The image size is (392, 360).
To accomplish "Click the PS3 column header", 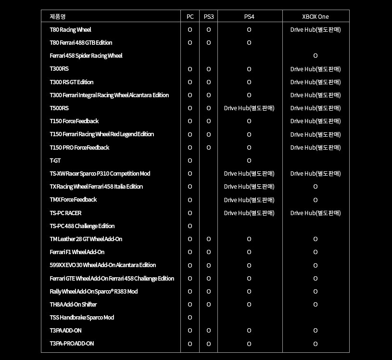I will click(209, 16).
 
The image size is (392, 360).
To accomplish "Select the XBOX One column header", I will click(315, 16).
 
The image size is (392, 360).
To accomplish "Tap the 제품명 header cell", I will click(58, 16).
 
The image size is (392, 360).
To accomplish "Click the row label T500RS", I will click(59, 108).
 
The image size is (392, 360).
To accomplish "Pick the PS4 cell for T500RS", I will click(249, 108).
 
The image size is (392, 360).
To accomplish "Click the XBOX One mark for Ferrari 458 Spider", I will click(315, 56).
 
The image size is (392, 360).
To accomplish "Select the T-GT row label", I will click(55, 161).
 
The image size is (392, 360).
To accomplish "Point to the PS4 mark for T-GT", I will click(249, 161).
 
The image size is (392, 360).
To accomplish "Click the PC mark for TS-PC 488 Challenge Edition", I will click(190, 226).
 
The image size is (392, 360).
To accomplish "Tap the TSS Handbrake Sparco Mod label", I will click(82, 318).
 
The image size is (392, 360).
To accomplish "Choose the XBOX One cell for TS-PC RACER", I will click(315, 213).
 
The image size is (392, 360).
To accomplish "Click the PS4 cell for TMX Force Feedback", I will click(249, 200).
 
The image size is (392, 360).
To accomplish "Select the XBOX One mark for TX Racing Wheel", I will click(315, 187).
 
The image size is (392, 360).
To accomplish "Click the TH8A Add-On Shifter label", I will click(73, 305).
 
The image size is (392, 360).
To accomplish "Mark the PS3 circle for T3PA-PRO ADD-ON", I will click(209, 344).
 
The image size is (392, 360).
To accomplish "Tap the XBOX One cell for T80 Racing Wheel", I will click(315, 30).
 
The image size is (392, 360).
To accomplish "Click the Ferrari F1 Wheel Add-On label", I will click(77, 252).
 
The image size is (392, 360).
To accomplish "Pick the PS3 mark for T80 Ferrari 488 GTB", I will click(209, 43).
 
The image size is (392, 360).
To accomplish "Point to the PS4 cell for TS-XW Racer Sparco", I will click(249, 174).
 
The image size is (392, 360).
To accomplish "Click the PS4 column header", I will click(249, 16).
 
